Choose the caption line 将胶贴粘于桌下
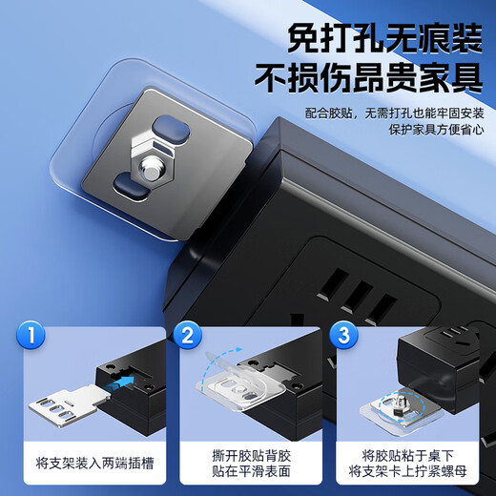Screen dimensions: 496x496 tap(401, 453)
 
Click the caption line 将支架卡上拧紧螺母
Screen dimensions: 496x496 tap(401, 472)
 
